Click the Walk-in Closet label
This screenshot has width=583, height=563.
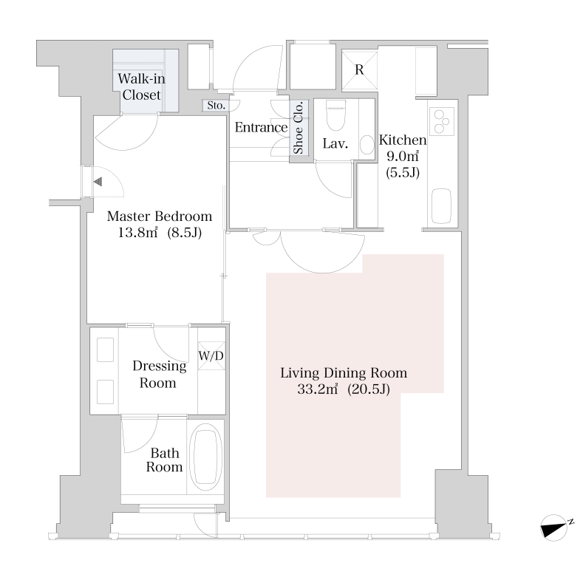pyautogui.click(x=141, y=86)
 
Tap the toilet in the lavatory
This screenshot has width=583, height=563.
pyautogui.click(x=335, y=115)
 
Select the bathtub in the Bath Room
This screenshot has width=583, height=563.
pyautogui.click(x=205, y=457)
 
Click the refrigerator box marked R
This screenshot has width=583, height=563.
pyautogui.click(x=359, y=70)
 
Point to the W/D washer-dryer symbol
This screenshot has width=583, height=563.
pyautogui.click(x=211, y=356)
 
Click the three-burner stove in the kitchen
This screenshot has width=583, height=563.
pyautogui.click(x=442, y=121)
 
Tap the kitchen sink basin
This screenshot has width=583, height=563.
pyautogui.click(x=442, y=206)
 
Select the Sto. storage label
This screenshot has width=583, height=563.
pyautogui.click(x=216, y=106)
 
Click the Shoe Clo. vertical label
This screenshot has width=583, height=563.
pyautogui.click(x=299, y=127)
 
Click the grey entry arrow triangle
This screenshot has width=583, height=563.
pyautogui.click(x=98, y=182)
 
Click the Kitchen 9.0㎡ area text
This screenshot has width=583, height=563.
pyautogui.click(x=403, y=156)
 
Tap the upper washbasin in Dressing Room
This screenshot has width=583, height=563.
pyautogui.click(x=105, y=349)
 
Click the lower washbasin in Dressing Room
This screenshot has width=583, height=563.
pyautogui.click(x=105, y=392)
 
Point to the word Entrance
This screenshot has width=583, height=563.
pyautogui.click(x=261, y=128)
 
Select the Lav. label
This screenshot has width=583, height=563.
pyautogui.click(x=335, y=143)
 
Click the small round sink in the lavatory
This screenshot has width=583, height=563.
pyautogui.click(x=367, y=145)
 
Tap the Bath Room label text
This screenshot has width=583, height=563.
pyautogui.click(x=164, y=460)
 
